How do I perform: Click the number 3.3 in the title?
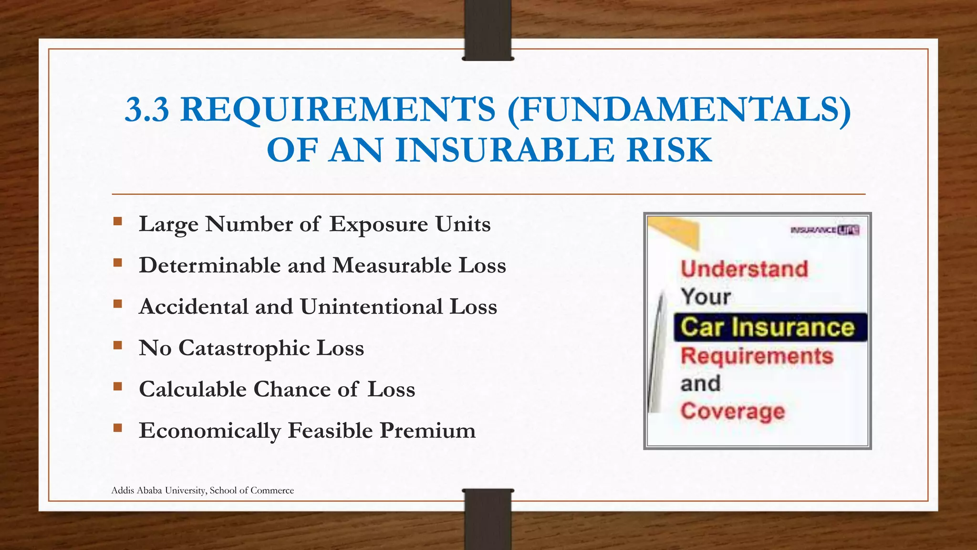146,109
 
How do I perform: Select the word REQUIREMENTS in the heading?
338,109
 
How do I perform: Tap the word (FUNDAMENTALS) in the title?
679,109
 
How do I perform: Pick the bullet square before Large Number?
117,222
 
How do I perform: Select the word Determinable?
209,265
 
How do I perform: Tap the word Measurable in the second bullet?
392,265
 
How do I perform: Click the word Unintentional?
372,307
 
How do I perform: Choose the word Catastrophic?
244,349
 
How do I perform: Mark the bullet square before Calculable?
117,386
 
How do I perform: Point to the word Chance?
292,389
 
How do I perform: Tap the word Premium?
428,431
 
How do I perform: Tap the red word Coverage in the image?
732,411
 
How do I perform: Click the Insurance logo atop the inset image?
825,230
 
